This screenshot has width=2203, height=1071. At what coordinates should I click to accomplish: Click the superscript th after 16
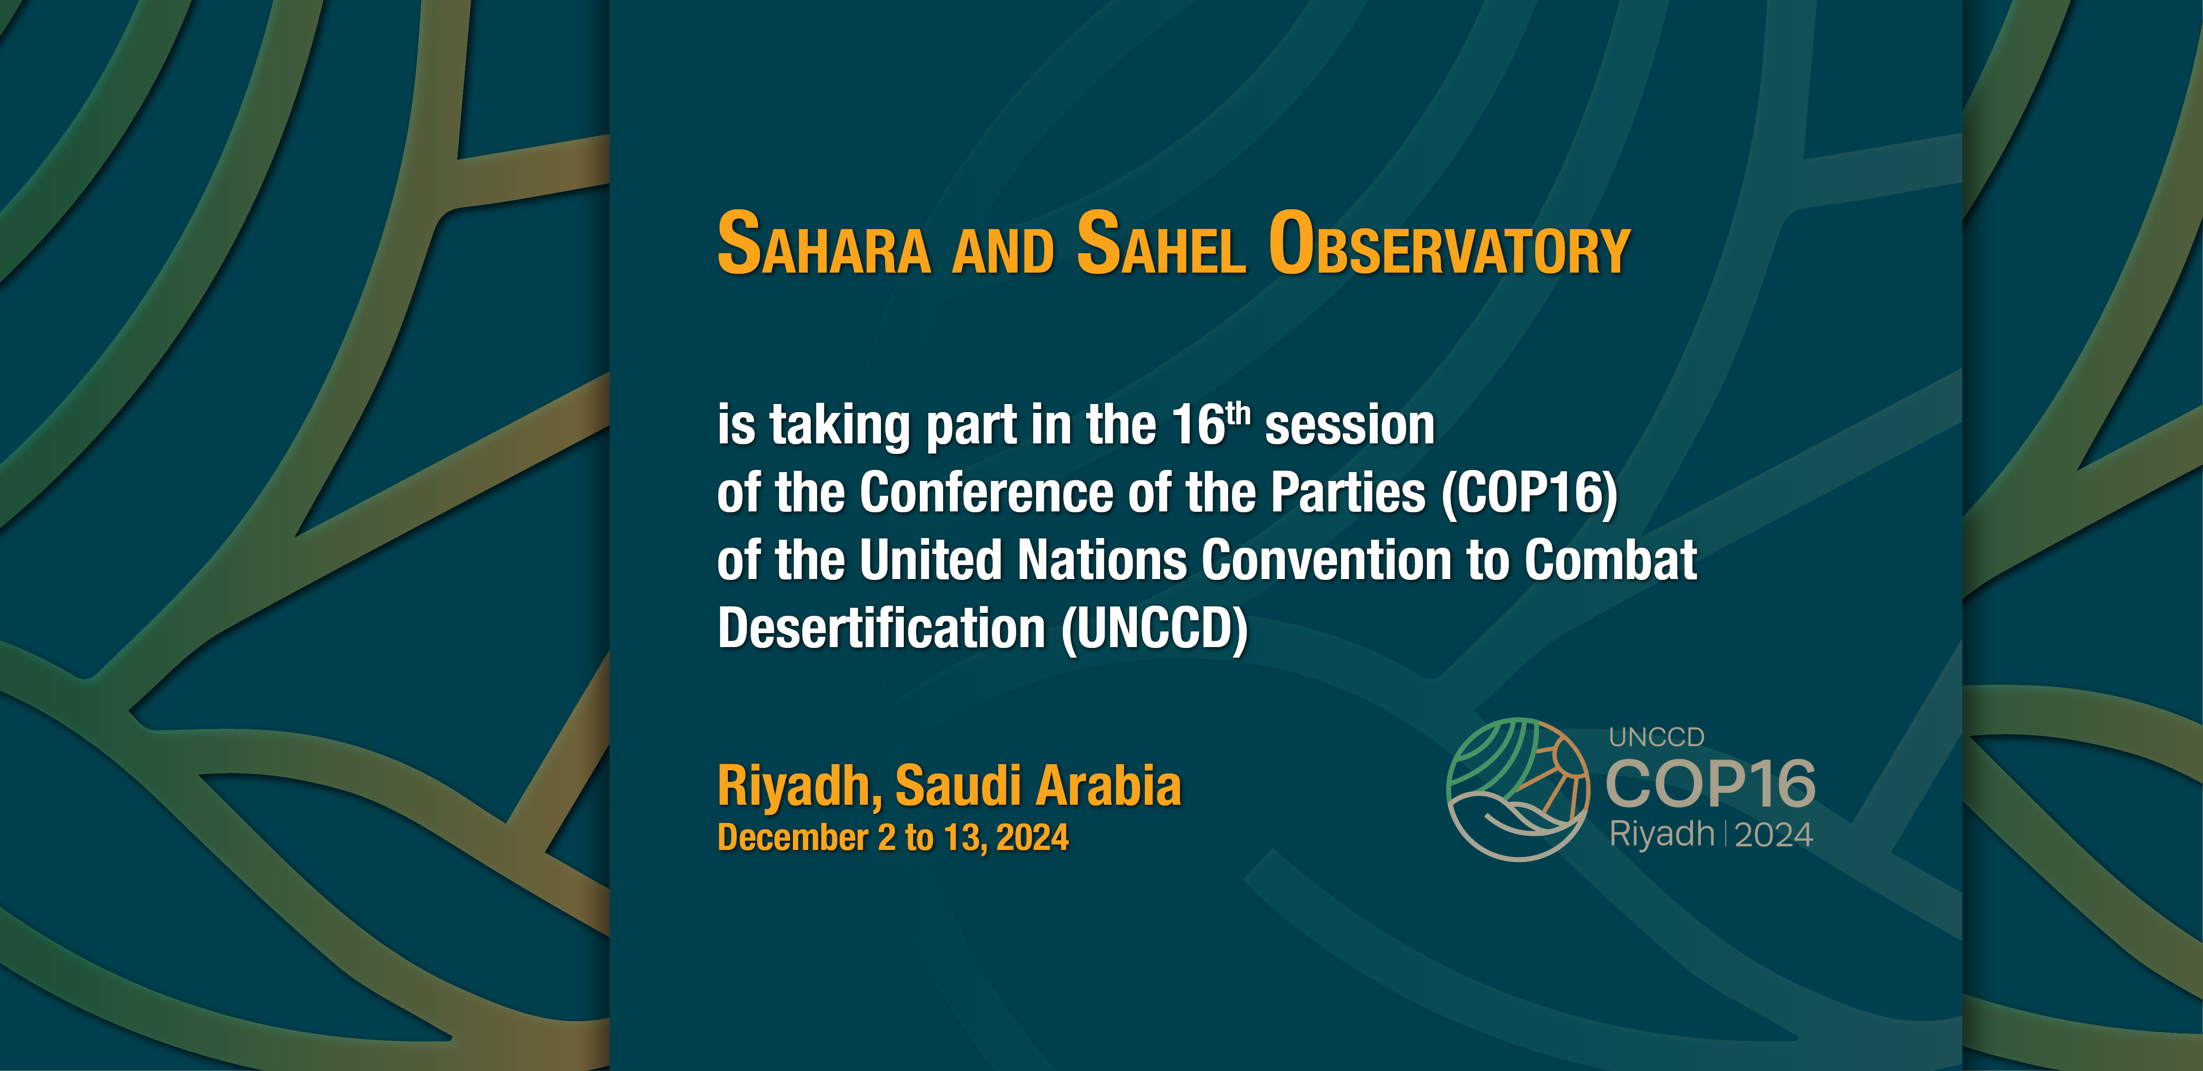pos(1238,414)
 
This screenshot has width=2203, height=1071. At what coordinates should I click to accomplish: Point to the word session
pos(1350,426)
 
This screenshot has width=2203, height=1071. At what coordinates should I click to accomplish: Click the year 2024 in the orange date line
pos(1032,838)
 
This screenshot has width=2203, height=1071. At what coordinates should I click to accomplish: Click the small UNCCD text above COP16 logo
pos(1657,737)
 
